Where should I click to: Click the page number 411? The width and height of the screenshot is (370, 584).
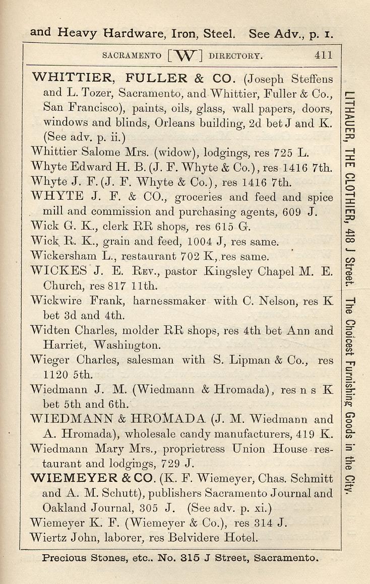(x=323, y=55)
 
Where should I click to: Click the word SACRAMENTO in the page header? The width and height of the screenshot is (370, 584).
(x=132, y=55)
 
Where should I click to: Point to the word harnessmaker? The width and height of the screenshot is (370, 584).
(x=170, y=301)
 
